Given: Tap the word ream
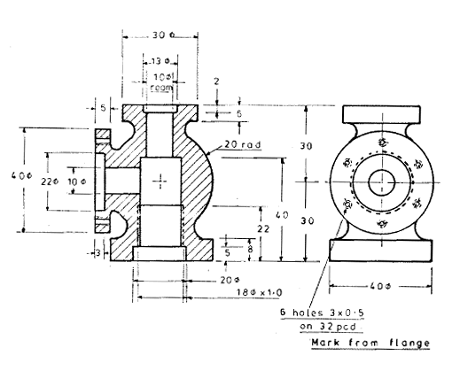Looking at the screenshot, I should (x=160, y=89).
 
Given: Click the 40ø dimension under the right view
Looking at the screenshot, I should (x=381, y=286).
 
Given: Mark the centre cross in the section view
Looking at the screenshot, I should (x=160, y=182).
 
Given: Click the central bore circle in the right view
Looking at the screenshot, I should (x=382, y=181).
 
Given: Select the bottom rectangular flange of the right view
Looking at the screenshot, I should (x=382, y=249).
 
